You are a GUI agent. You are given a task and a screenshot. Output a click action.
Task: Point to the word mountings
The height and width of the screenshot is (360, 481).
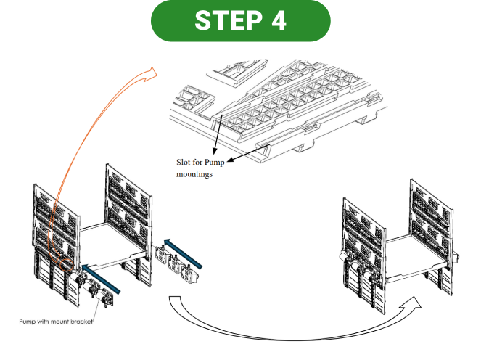(194, 174)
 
